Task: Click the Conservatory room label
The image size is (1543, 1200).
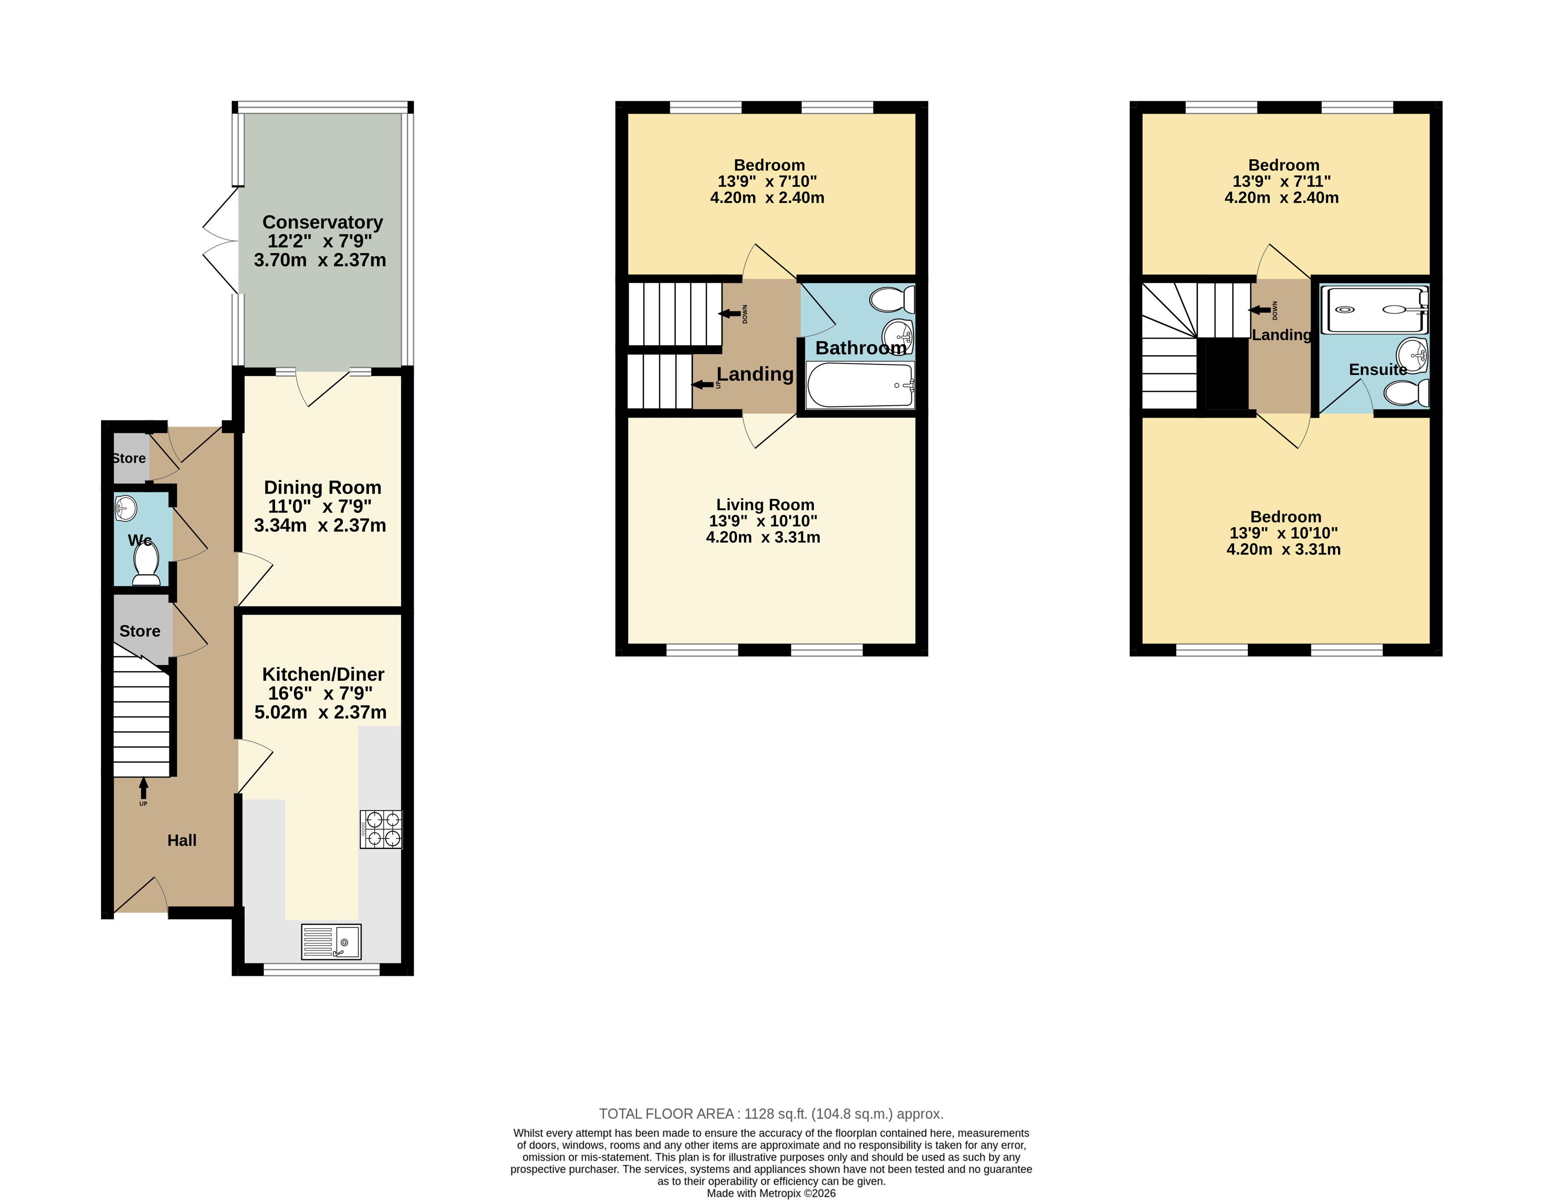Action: coord(323,223)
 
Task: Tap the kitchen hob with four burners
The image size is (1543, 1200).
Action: coord(381,829)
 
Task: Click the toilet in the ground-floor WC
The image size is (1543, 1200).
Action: coord(146,566)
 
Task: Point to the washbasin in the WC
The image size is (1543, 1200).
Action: coord(126,507)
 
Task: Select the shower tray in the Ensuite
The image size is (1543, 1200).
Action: coord(1374,309)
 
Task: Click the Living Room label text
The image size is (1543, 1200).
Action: coord(765,505)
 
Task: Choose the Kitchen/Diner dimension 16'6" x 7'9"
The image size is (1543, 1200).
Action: coord(320,693)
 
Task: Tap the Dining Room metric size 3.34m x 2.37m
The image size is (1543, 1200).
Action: coord(320,525)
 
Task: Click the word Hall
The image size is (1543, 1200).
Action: coord(182,840)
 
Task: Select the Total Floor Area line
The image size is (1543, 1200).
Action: coord(771,1114)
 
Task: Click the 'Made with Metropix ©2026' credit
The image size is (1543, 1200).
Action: coord(771,1193)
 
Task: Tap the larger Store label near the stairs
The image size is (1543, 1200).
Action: coord(140,631)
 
